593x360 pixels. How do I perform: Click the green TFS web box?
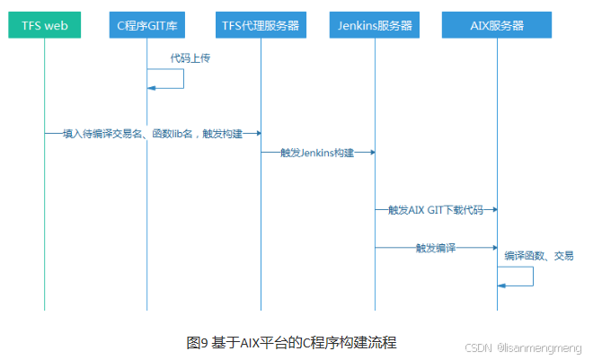pyautogui.click(x=44, y=25)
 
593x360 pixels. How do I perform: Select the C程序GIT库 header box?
pyautogui.click(x=147, y=25)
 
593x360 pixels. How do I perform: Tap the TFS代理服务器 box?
pyautogui.click(x=261, y=25)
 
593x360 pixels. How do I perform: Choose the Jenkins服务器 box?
pyautogui.click(x=375, y=25)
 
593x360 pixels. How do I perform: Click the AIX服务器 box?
pyautogui.click(x=497, y=25)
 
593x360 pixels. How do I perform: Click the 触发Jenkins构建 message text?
pyautogui.click(x=317, y=154)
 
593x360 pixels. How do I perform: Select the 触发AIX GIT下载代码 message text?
pyautogui.click(x=435, y=210)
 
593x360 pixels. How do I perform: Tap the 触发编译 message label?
pyautogui.click(x=435, y=247)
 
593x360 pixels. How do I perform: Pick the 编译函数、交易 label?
pyautogui.click(x=538, y=255)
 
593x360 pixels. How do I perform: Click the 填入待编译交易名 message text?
pyautogui.click(x=153, y=133)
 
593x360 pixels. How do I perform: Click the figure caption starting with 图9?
pyautogui.click(x=291, y=341)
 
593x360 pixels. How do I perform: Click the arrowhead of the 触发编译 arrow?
pyautogui.click(x=492, y=247)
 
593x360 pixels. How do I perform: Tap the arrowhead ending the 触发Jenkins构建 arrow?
pyautogui.click(x=370, y=154)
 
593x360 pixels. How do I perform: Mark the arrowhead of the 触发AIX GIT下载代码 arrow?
pyautogui.click(x=492, y=210)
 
